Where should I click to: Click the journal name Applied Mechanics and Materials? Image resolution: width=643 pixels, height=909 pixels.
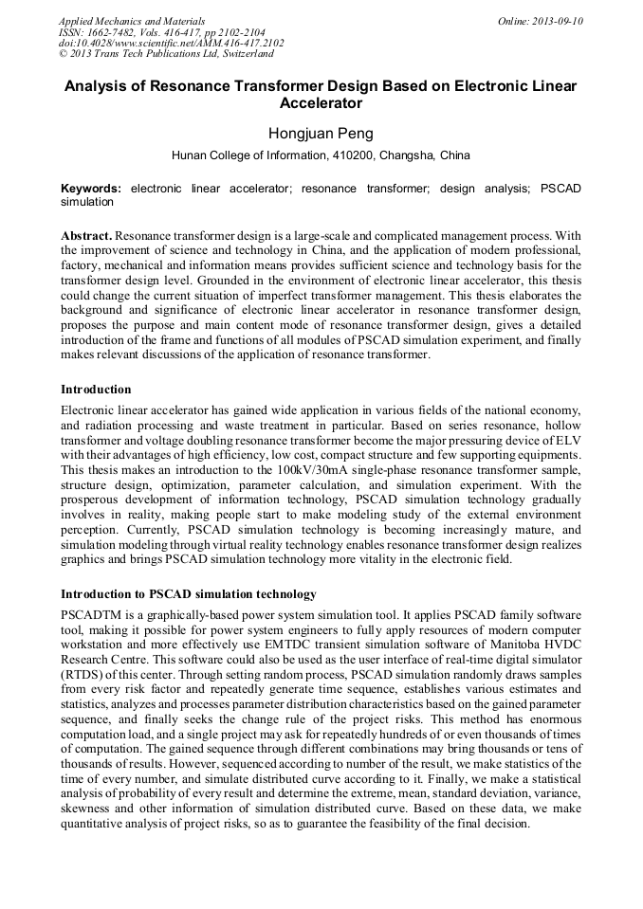[131, 20]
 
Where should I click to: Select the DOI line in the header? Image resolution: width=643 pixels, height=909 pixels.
[171, 43]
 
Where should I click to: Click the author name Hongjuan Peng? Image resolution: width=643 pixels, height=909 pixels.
[321, 133]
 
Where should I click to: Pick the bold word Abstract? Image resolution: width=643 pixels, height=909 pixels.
[86, 234]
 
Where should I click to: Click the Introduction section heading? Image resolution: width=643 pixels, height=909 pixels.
[96, 390]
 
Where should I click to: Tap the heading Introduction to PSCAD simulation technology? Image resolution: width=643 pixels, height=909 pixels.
[189, 594]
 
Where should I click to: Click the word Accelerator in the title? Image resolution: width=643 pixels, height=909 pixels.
[321, 102]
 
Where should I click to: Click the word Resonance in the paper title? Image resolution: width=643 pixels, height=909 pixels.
[181, 85]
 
